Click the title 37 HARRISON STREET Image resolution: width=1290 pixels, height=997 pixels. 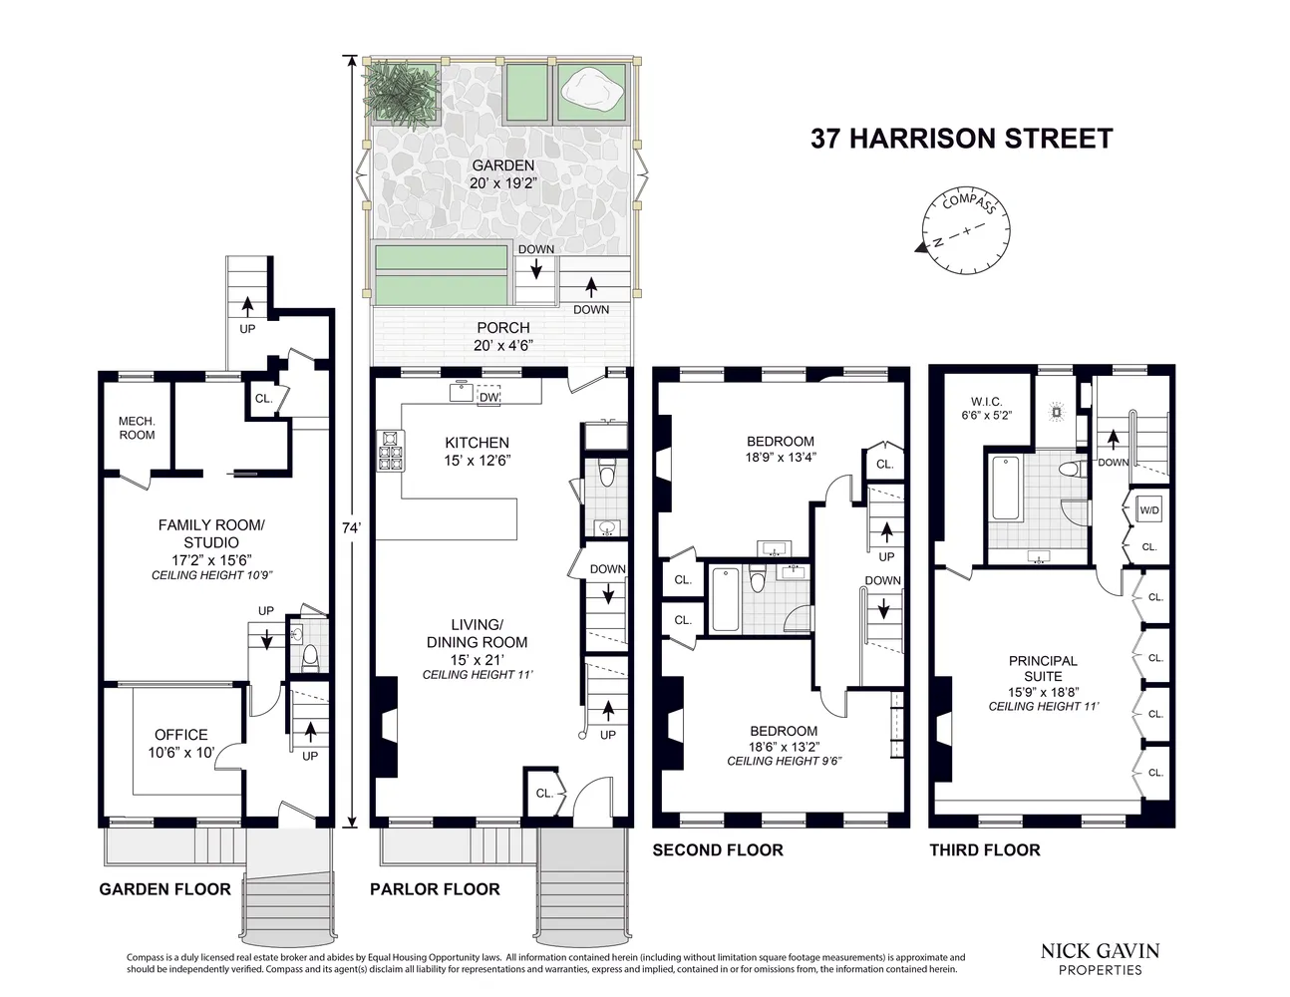pyautogui.click(x=961, y=138)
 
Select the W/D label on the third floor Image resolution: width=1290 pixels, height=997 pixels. pyautogui.click(x=1148, y=510)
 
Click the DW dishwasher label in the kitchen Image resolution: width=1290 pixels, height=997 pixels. pyautogui.click(x=488, y=397)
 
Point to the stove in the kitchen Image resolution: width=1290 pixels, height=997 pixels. pyautogui.click(x=390, y=451)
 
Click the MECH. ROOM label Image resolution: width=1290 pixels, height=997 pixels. pyautogui.click(x=137, y=428)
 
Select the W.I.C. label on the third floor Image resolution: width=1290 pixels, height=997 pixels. pyautogui.click(x=986, y=409)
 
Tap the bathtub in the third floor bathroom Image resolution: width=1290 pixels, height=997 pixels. pyautogui.click(x=1005, y=488)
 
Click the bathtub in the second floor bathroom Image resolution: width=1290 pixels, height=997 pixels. pyautogui.click(x=725, y=599)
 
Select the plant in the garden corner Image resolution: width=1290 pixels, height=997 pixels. pyautogui.click(x=402, y=89)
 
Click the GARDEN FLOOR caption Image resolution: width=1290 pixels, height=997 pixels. pyautogui.click(x=164, y=889)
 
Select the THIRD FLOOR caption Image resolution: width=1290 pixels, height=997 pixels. pyautogui.click(x=984, y=849)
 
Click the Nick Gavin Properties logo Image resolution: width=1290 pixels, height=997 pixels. pyautogui.click(x=1100, y=958)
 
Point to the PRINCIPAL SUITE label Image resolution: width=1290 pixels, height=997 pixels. pyautogui.click(x=1043, y=668)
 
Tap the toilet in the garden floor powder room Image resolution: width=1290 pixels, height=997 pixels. pyautogui.click(x=310, y=655)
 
